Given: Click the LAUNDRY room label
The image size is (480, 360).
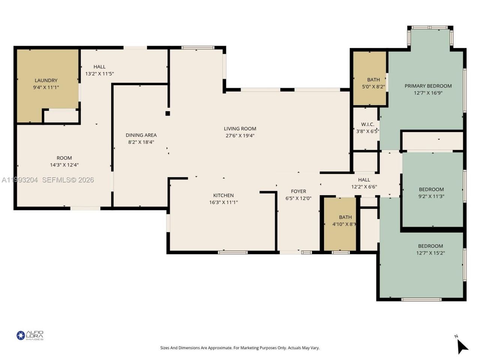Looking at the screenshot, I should point(46,80).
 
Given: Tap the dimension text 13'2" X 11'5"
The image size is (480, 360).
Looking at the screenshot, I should point(99,74).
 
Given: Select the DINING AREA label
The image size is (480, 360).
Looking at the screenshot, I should point(141,135).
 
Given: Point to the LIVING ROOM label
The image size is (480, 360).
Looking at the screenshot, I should point(240,129).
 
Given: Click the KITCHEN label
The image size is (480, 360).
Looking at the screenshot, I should point(223,195).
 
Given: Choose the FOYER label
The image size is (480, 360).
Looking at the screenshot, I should point(298,191).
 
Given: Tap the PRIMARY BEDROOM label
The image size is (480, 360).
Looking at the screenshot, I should point(428,86).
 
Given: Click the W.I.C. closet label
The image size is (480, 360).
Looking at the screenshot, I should point(367,124).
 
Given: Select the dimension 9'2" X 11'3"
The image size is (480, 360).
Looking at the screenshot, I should point(431,196).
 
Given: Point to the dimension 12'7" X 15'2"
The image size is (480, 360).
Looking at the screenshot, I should point(430,253).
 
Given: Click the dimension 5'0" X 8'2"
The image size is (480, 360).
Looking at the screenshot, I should point(373,87).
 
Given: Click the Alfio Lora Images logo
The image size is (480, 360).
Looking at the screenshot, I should point(30,335).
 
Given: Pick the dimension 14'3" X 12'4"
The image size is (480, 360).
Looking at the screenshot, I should point(64,165).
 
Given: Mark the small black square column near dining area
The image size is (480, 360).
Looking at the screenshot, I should point(168,113).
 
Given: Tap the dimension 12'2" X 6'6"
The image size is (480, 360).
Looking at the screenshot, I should point(364,187).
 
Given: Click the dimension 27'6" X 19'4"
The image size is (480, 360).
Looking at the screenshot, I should point(240,136).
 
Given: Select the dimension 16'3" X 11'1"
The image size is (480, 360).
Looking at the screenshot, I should point(223,202).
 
